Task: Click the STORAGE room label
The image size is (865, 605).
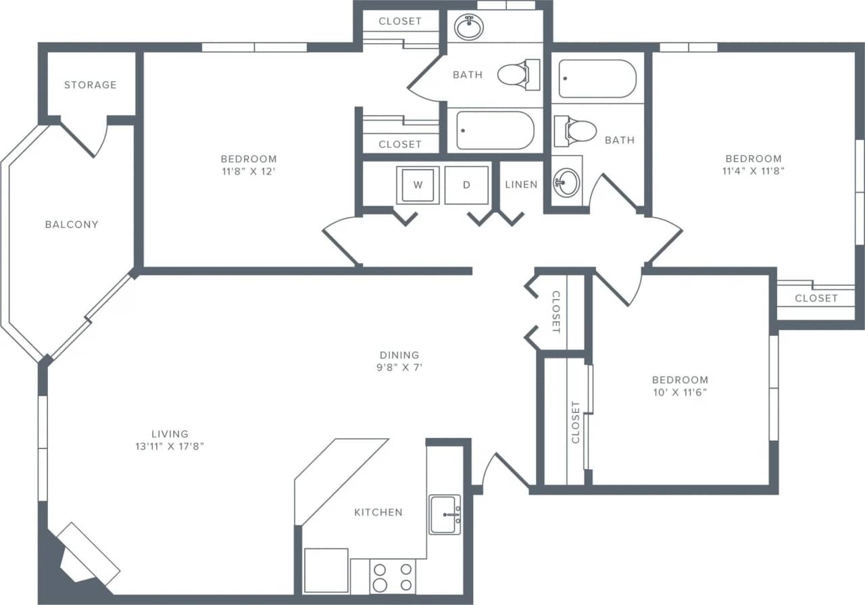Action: coord(91,85)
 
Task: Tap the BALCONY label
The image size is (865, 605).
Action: coord(72,224)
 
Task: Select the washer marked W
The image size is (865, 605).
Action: coord(418,185)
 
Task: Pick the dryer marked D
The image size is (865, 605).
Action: coord(466,185)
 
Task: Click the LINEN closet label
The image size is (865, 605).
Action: coord(521,185)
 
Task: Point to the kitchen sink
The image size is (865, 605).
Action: coord(444,514)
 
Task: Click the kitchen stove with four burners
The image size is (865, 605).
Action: coord(393,577)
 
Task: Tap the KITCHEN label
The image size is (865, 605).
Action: coord(378,512)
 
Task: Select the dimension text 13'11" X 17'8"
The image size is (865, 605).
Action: coord(170,446)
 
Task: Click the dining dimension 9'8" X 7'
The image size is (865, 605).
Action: coord(399,368)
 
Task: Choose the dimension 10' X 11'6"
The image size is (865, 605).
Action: coord(680,392)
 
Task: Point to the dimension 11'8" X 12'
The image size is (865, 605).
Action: coord(249,171)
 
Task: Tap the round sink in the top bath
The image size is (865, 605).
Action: coord(468,28)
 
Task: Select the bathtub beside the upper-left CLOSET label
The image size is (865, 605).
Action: coord(495,130)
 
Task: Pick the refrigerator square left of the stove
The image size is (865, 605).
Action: coord(326,570)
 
